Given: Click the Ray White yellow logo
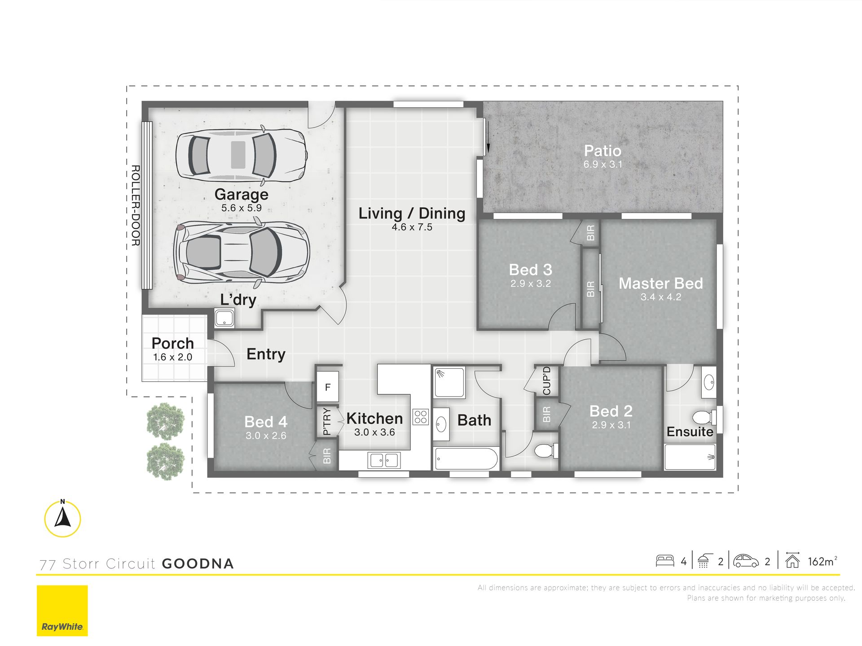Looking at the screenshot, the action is point(62,611).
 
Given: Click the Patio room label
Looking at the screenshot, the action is point(603,151).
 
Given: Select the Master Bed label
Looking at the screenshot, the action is point(660,284).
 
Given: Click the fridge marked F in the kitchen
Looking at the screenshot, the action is point(328,387).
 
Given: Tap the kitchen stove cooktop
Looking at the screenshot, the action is point(421,417).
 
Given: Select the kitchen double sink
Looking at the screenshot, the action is point(383,460).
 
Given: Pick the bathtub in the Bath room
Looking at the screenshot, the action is point(466,458).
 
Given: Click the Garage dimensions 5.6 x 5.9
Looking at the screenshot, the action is point(241,208).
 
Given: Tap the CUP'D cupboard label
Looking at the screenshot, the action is point(546,381).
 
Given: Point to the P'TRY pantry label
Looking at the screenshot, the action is point(327,421).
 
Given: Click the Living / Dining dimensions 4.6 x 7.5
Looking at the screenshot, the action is point(412,227).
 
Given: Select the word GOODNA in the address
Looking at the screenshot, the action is point(198,564).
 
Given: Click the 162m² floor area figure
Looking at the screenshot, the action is point(822,561).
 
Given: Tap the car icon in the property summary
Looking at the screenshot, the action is point(746,561).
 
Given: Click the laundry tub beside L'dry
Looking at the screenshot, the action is point(224,318).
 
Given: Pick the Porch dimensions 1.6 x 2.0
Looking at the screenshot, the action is point(172,357).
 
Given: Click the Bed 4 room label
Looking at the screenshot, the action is point(266,422).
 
